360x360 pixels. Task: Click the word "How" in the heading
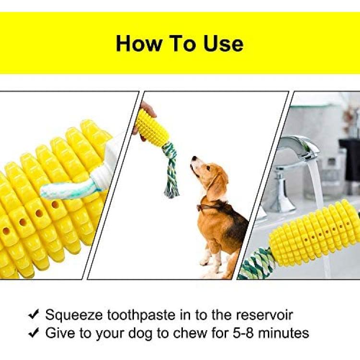[x=139, y=43]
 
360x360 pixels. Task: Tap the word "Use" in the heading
[x=223, y=43]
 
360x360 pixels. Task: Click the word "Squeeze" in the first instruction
[x=74, y=315]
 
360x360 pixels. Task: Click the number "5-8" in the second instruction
[x=243, y=333]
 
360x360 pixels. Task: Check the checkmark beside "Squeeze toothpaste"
[x=34, y=314]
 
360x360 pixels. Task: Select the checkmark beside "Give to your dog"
[x=34, y=333]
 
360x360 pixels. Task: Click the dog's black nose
[x=194, y=158]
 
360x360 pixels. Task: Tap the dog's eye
[x=207, y=168]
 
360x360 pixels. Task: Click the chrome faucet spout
[x=299, y=147]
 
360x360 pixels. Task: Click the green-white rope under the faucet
[x=256, y=264]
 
